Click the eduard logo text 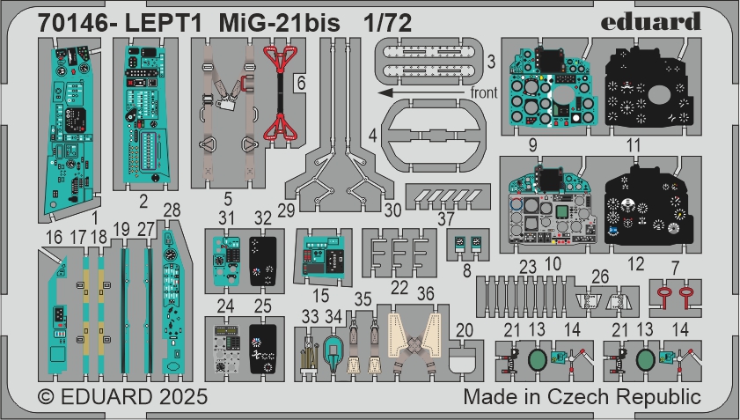[650, 22]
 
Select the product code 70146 [73, 23]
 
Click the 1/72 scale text [387, 23]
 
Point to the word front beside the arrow [484, 92]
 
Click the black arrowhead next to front [385, 92]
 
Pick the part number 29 [286, 210]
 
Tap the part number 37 [445, 218]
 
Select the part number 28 [172, 210]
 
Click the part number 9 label [532, 145]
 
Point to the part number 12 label [635, 264]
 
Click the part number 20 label [465, 330]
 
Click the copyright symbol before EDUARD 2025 [47, 396]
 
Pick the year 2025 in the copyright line [183, 396]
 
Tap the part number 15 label [320, 296]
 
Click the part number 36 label [425, 293]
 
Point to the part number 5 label [228, 199]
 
